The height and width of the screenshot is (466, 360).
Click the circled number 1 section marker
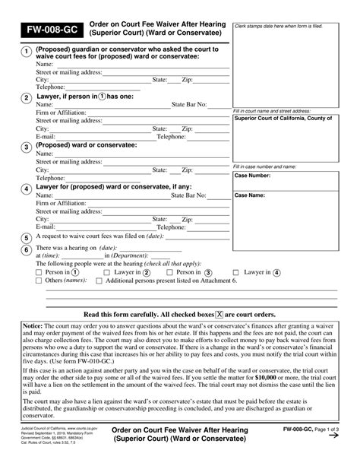tap(26, 52)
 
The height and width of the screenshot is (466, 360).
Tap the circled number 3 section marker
tap(26, 147)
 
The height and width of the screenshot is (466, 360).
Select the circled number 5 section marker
tap(26, 236)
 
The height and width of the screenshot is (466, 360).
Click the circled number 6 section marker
tap(26, 249)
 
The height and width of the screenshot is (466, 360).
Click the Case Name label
tap(250, 195)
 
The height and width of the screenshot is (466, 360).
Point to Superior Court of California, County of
tap(293, 118)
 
